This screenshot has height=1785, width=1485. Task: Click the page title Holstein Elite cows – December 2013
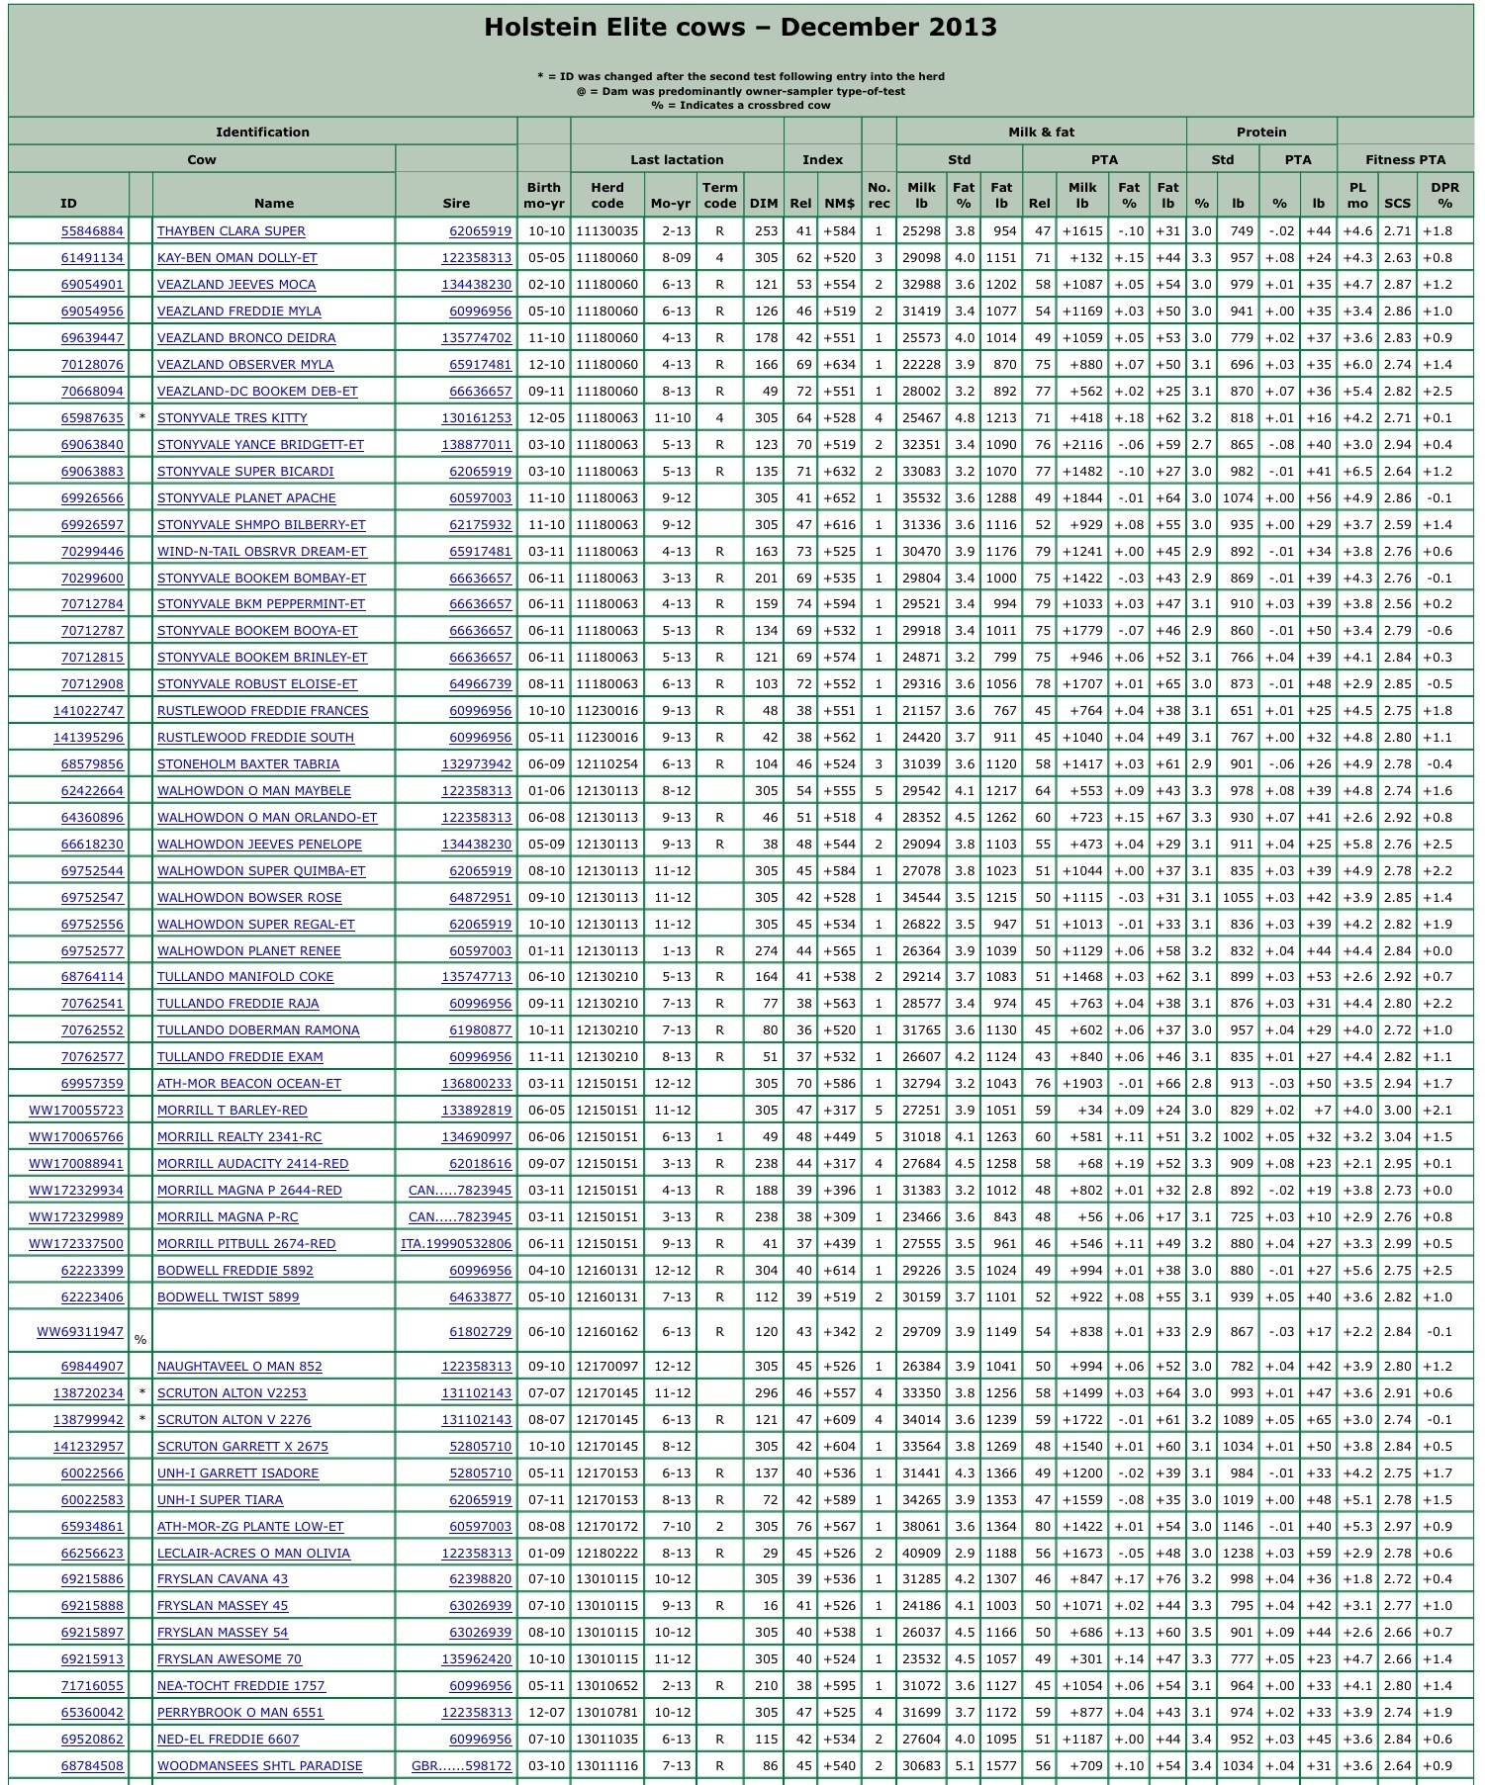point(740,28)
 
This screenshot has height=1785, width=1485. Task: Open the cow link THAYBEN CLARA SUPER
point(232,231)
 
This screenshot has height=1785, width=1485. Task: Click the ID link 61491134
point(92,258)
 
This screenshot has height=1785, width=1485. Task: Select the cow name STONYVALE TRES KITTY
point(232,418)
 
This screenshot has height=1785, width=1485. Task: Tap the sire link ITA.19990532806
point(456,1244)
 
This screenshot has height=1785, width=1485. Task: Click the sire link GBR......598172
point(461,1766)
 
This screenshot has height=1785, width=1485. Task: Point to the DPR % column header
point(1444,195)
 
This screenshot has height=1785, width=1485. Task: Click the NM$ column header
point(839,204)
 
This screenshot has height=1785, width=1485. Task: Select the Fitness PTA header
point(1405,159)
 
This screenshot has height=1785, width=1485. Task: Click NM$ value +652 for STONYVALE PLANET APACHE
point(839,498)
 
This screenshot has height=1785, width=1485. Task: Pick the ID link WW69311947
point(80,1332)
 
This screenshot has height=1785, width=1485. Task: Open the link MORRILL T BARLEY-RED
point(232,1111)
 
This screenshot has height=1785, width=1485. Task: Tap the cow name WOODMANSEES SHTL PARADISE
point(260,1766)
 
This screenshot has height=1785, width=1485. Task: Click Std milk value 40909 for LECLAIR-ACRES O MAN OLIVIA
point(920,1554)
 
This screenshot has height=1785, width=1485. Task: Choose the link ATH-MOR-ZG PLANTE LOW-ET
point(250,1527)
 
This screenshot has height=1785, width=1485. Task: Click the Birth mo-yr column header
point(543,195)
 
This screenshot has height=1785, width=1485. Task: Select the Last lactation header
point(677,159)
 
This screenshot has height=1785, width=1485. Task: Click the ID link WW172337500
point(76,1244)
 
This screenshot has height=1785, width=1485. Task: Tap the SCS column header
point(1397,204)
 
